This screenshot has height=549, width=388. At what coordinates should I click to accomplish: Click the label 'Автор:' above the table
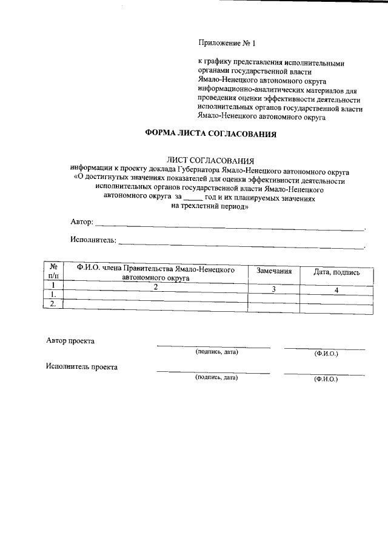click(x=82, y=223)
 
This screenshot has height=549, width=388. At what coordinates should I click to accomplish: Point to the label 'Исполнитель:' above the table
click(x=93, y=240)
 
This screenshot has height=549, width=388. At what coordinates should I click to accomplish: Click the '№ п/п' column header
click(x=53, y=271)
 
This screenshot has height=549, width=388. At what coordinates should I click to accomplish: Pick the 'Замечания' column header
click(x=274, y=271)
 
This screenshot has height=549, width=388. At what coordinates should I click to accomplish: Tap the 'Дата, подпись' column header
click(x=336, y=272)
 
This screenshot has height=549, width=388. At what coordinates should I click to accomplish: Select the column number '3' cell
click(x=274, y=289)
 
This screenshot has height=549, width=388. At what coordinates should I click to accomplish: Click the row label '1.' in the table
click(x=53, y=294)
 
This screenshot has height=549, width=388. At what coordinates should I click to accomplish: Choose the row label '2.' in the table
click(x=53, y=303)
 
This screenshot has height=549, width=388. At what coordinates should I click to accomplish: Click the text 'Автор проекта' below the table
click(x=70, y=341)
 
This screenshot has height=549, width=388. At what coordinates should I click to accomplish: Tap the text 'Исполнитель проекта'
click(x=82, y=366)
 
